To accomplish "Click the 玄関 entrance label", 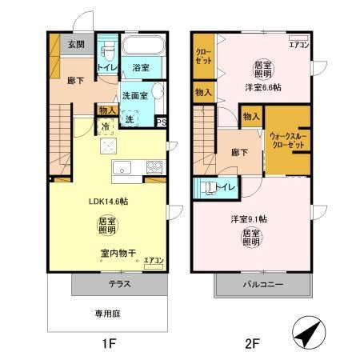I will (76, 44).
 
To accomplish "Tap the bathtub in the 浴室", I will (145, 46).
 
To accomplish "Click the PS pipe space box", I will (161, 122).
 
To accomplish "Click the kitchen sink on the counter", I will (122, 168).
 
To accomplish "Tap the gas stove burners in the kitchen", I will (152, 167).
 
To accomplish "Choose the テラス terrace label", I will (119, 284).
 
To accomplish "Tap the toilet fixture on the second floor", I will (210, 187).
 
